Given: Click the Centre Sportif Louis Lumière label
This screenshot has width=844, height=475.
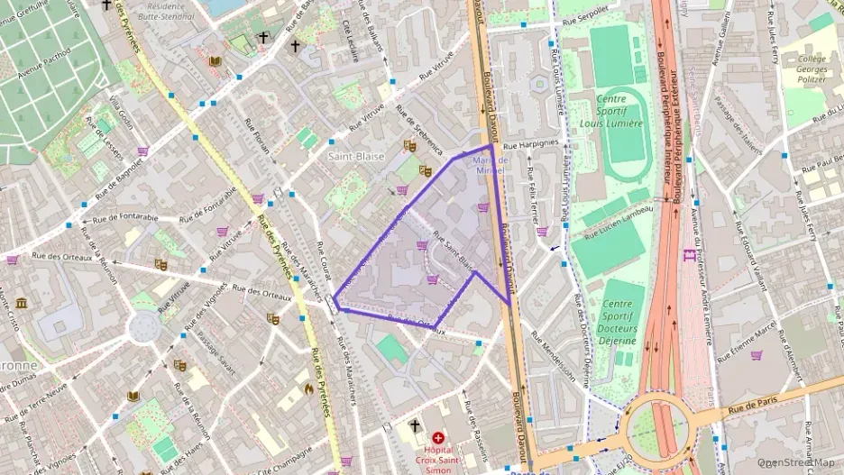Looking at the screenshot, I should tap(611, 111).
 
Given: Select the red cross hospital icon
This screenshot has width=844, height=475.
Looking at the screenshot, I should tap(437, 437).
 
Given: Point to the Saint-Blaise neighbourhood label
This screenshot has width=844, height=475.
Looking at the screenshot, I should tap(355, 156).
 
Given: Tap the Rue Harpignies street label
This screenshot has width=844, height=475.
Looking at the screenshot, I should tap(531, 143).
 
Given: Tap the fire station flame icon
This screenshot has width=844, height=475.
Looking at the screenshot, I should tap(308, 389).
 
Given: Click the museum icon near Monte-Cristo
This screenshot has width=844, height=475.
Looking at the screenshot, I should tap(20, 302).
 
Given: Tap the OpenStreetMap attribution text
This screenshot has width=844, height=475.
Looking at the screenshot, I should tap(795, 462).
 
